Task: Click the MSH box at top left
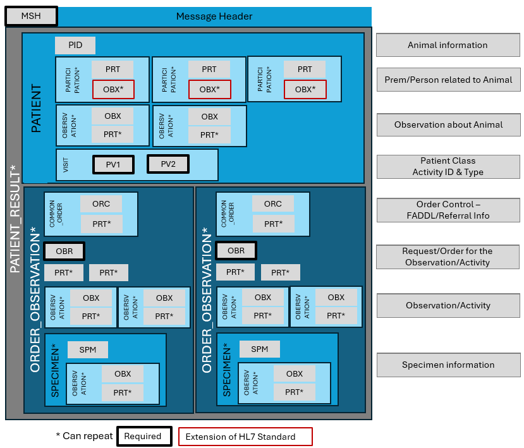point(31,16)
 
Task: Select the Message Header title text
point(214,16)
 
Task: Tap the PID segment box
point(75,45)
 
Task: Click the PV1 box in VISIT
point(113,164)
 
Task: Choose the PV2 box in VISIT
point(168,164)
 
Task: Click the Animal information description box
point(448,45)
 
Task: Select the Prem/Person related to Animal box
point(448,80)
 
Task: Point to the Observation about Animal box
point(448,124)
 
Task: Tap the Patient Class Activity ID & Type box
point(448,166)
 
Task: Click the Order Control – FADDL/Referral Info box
point(448,210)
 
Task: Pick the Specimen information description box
point(448,365)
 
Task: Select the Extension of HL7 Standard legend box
point(245,437)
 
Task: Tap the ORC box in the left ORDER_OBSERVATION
point(101,203)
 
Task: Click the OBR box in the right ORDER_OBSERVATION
point(236,251)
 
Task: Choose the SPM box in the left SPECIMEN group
point(88,349)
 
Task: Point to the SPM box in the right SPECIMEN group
point(259,349)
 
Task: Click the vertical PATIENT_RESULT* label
point(15,218)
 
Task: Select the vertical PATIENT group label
point(36,108)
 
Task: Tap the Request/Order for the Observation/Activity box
point(448,257)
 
